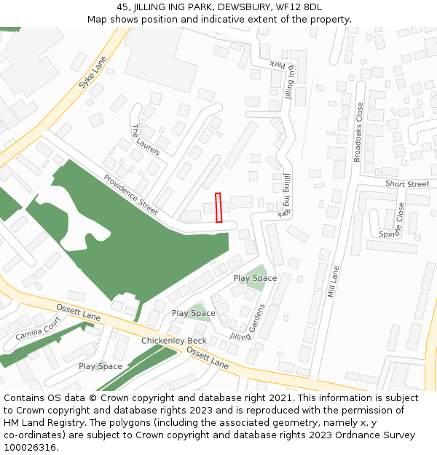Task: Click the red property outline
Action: click(219, 207)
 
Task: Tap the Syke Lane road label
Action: click(92, 73)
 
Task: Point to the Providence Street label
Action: click(130, 194)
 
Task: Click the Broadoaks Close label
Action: click(358, 132)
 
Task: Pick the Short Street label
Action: click(407, 184)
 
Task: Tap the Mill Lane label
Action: click(334, 282)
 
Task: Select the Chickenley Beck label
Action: click(174, 341)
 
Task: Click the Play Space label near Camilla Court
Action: click(101, 366)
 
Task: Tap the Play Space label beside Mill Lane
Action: click(255, 278)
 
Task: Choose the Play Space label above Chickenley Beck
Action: click(193, 313)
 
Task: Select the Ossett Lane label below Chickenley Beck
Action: click(208, 357)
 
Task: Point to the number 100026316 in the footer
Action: click(30, 448)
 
